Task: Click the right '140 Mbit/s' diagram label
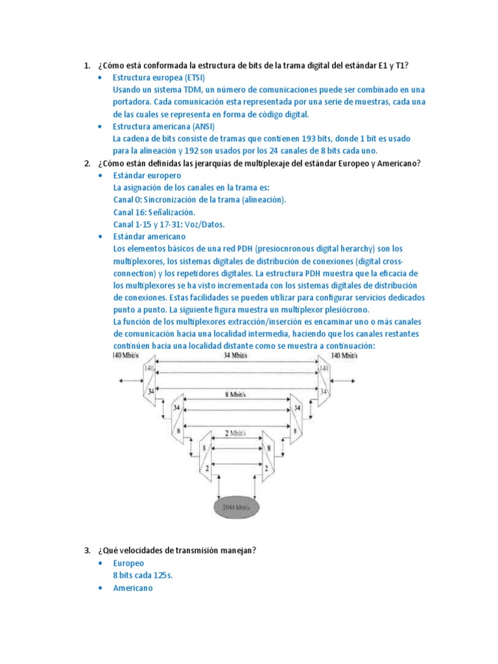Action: click(346, 355)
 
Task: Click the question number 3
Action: click(86, 551)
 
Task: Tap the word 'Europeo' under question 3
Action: click(128, 563)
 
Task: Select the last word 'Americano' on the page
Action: click(133, 588)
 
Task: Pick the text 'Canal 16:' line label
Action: click(133, 212)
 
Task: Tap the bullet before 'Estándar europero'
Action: click(99, 176)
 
